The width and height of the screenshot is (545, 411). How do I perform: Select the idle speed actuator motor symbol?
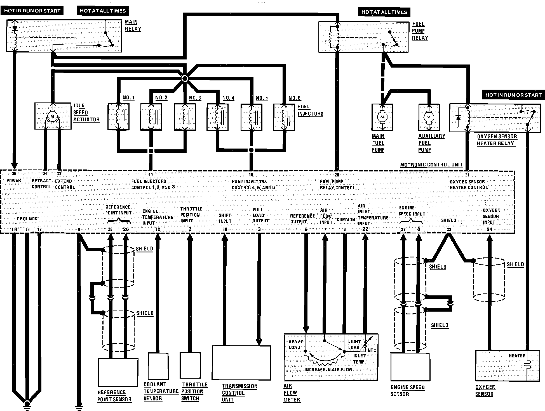[52, 116]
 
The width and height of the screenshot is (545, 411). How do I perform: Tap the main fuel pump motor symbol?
[382, 117]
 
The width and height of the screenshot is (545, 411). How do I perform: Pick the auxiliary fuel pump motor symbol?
[429, 117]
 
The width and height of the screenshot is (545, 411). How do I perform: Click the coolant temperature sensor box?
[158, 365]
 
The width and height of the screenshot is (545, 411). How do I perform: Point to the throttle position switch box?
[190, 365]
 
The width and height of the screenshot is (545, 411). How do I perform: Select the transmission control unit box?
[241, 363]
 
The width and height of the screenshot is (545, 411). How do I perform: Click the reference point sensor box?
[118, 372]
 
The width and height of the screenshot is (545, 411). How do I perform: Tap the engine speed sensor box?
[410, 367]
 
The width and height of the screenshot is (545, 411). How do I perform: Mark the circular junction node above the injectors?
[185, 79]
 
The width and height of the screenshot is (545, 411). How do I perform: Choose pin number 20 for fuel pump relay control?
[337, 175]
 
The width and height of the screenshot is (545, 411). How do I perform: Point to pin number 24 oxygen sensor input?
[489, 230]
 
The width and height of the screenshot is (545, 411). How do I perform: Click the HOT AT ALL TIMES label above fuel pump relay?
[384, 12]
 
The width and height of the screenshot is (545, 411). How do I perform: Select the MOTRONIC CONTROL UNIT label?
[431, 165]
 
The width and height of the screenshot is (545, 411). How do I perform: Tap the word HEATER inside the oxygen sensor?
[517, 356]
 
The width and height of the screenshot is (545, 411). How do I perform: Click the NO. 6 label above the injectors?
[295, 98]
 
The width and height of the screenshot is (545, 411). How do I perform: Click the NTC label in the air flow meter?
[372, 350]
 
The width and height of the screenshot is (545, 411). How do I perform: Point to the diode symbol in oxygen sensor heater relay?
[458, 117]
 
